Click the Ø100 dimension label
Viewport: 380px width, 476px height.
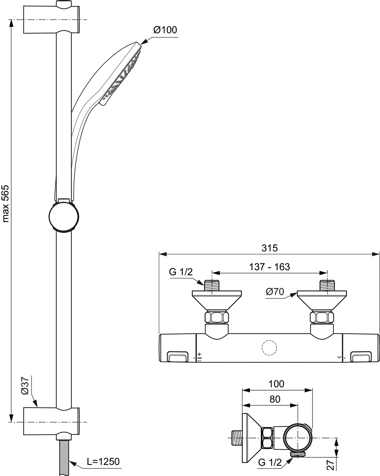(x=165, y=30)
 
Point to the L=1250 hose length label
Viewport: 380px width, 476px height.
(x=103, y=462)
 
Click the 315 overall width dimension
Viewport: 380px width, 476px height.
(x=269, y=248)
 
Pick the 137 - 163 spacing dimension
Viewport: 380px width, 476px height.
(x=269, y=267)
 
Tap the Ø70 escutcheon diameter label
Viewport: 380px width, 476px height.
(x=275, y=291)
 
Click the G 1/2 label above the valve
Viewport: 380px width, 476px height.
(x=181, y=272)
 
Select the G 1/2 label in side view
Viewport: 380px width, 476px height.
(x=270, y=462)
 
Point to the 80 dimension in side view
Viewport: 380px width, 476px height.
(x=275, y=399)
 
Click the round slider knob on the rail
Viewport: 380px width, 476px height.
(x=64, y=216)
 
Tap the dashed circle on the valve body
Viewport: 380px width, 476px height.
(x=270, y=348)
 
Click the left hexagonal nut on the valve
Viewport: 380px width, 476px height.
(x=217, y=317)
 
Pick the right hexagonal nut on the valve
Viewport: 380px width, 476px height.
(x=322, y=317)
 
